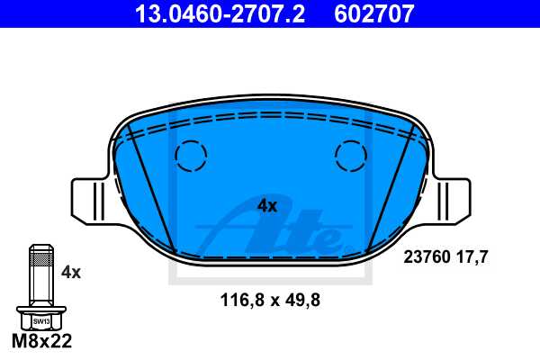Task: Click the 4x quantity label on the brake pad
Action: point(267,205)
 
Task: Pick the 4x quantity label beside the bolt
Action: point(71,271)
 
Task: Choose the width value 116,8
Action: point(241,300)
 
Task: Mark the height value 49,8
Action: point(301,300)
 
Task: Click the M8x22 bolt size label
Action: point(41,342)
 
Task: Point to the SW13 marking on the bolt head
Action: point(41,320)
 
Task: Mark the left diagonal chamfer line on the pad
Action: point(151,184)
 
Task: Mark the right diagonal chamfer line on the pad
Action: point(390,184)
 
